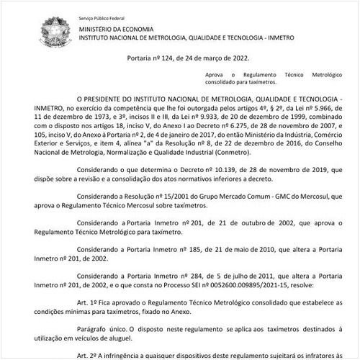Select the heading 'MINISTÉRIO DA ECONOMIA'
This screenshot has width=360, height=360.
pos(117,29)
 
